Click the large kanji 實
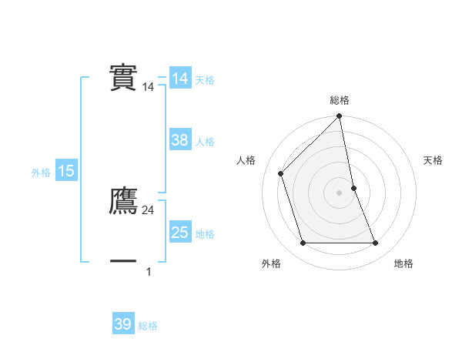coord(123,77)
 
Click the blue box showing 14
coord(180,79)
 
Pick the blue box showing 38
coord(180,140)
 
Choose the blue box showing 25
coord(180,233)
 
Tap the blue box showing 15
coord(66,172)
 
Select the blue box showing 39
coord(123,324)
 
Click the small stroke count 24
coord(149,210)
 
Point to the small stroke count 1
coord(149,271)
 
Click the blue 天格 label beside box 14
coord(205,80)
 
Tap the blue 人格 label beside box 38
coord(205,142)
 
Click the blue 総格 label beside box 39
coord(148,326)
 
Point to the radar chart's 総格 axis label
coord(339,100)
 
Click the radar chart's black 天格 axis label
coord(433,160)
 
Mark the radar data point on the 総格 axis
coord(339,117)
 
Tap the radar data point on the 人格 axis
coord(281,173)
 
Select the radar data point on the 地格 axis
coord(376,243)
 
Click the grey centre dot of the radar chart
coord(339,192)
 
